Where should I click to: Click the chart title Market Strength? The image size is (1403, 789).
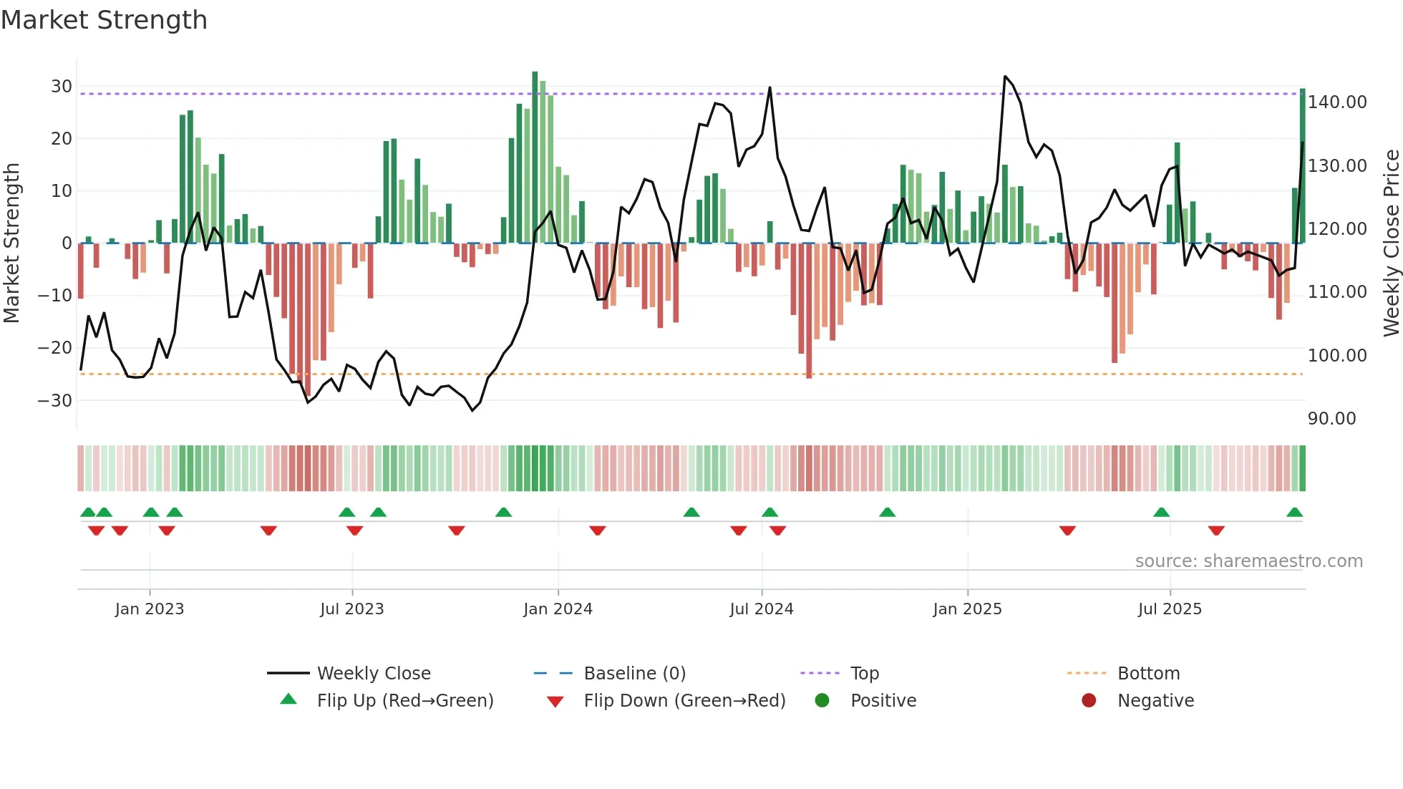pos(104,20)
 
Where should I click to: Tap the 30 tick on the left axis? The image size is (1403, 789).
pos(62,87)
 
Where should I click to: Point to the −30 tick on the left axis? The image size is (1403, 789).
pos(55,400)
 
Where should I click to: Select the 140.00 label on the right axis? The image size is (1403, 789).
pos(1337,102)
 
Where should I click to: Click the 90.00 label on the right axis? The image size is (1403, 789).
pos(1331,419)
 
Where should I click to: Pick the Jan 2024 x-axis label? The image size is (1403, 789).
pos(558,609)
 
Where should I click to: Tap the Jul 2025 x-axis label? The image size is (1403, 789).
pos(1170,609)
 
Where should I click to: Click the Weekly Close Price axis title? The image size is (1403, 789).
pos(1391,243)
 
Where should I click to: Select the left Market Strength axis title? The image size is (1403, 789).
pos(12,243)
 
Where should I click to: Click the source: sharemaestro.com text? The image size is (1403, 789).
pos(1248,561)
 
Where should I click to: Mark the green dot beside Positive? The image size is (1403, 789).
pos(822,701)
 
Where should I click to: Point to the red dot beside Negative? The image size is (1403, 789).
pos(1089,701)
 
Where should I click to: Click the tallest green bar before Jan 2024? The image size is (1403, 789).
pos(535,158)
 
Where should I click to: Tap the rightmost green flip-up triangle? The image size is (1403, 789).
pos(1294,513)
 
